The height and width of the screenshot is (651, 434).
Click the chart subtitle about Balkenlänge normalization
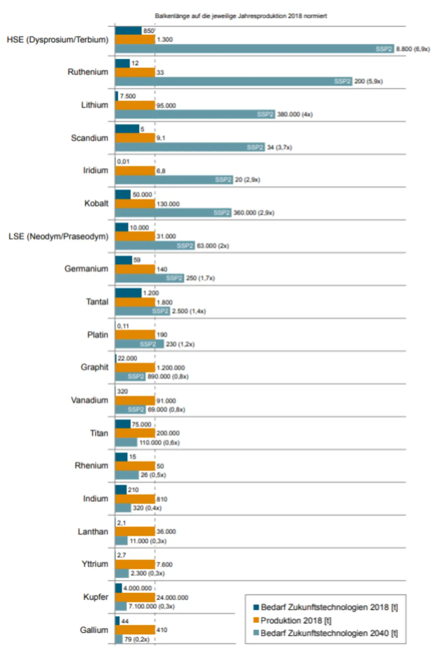[241, 16]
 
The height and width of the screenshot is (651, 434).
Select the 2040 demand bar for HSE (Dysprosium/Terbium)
[254, 49]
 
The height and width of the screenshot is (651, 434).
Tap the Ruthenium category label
[88, 72]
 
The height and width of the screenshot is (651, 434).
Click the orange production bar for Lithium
[135, 105]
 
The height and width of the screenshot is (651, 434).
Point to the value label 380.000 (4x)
[295, 114]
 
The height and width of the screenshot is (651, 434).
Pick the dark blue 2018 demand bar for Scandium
[127, 129]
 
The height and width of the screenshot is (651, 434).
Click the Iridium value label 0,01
[123, 161]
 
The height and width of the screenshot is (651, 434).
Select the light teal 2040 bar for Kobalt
[173, 213]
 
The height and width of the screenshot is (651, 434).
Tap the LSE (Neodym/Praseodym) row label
[58, 236]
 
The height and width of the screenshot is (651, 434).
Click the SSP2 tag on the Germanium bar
[174, 278]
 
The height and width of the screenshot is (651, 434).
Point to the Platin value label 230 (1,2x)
[180, 344]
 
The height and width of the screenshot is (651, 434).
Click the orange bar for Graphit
[135, 368]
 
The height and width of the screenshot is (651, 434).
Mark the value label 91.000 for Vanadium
[166, 401]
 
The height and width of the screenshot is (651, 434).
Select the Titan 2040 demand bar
[126, 442]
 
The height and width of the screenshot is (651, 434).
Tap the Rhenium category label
[91, 466]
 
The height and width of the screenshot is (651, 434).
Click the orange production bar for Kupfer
[135, 597]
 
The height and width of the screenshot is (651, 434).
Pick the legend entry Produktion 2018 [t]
[296, 620]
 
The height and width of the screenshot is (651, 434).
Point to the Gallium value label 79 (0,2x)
[137, 639]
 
